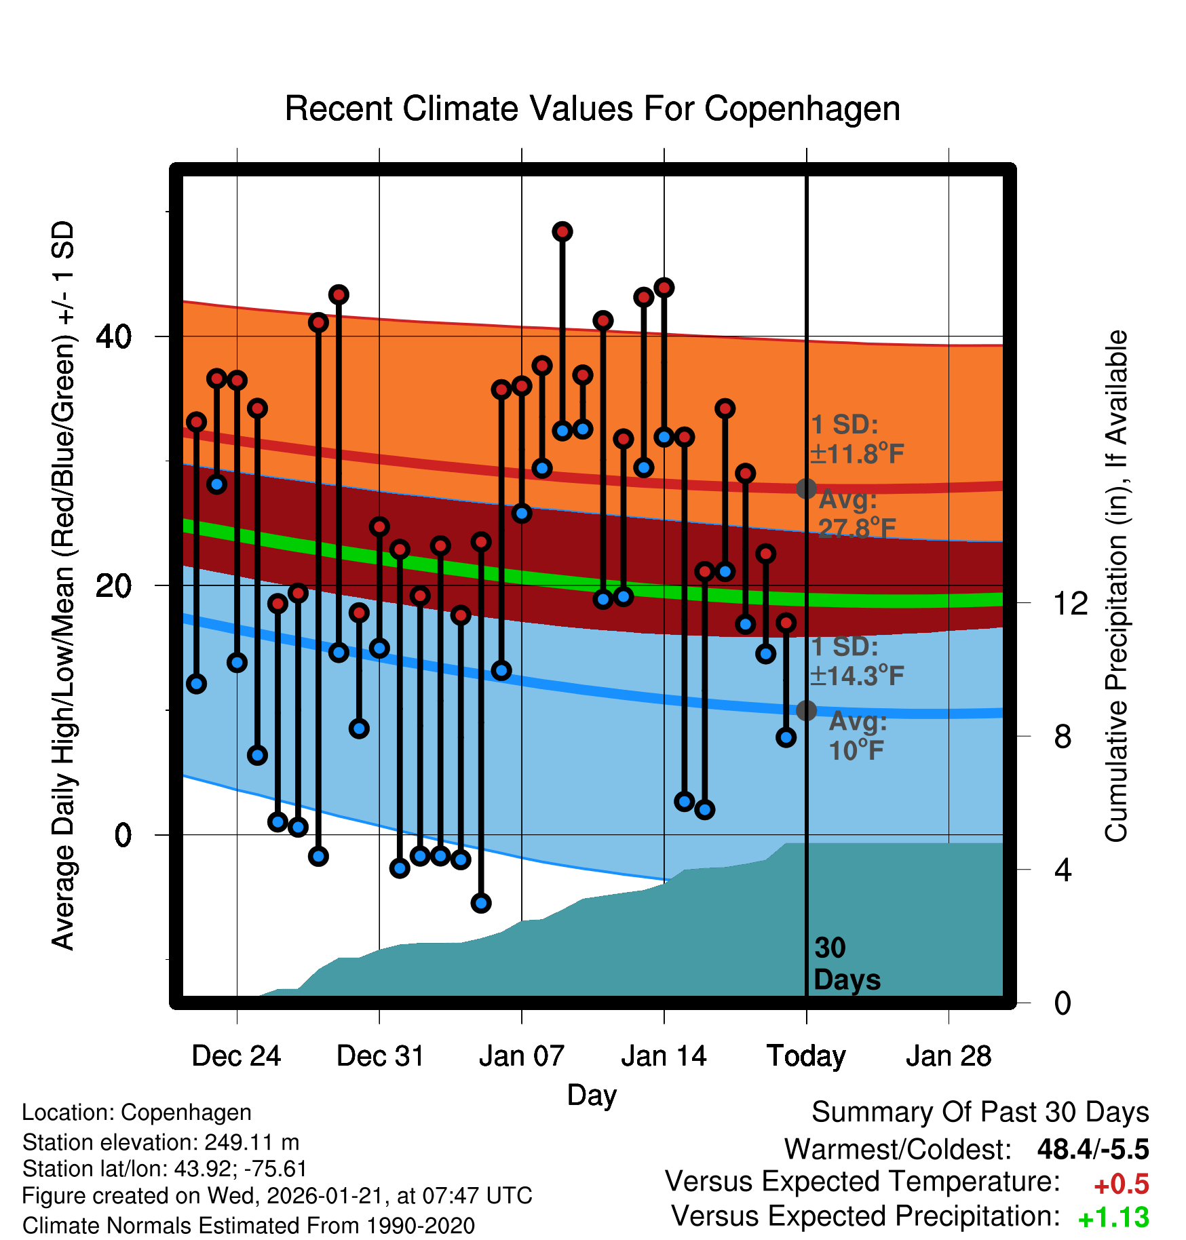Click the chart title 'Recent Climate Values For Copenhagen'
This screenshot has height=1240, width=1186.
pos(592,109)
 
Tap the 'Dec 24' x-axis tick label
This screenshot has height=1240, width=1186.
pos(236,1056)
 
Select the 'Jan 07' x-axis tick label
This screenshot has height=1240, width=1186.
pos(521,1056)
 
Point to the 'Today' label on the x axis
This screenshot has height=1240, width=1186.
pos(806,1056)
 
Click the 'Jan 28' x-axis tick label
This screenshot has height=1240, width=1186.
pos(949,1056)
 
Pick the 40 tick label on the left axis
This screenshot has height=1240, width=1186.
pos(114,336)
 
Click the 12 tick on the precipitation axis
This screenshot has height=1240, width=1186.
pos(1071,603)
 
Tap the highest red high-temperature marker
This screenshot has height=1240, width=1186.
pos(562,232)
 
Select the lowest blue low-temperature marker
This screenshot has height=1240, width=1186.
pos(481,903)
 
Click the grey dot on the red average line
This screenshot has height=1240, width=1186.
pos(806,488)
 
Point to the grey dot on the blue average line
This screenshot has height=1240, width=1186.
pos(806,710)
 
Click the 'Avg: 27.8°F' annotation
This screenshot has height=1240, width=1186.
pos(856,514)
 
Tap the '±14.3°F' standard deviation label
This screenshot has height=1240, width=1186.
pos(858,676)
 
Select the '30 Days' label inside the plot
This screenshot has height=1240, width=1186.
pos(846,964)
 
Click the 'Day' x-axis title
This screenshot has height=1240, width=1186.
pos(592,1095)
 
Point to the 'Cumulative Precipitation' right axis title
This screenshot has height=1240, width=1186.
pos(1116,586)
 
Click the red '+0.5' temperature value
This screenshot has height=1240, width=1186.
pos(1121,1184)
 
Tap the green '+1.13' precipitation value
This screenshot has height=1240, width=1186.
pos(1113,1218)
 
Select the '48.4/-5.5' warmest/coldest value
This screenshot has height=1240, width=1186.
pos(1092,1149)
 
